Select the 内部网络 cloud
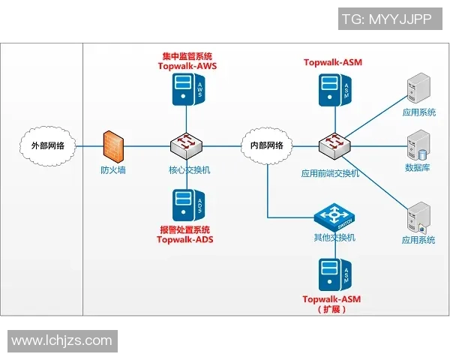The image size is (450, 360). click(266, 145)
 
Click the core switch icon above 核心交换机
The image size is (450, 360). click(184, 144)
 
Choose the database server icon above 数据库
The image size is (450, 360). click(417, 142)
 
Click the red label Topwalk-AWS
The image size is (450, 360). click(187, 66)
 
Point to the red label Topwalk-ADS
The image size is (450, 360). click(184, 240)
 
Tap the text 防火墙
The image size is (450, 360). click(113, 169)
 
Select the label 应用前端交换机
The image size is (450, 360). click(330, 172)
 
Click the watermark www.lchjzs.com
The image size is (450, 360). click(61, 341)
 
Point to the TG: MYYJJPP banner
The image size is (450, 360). click(386, 19)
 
